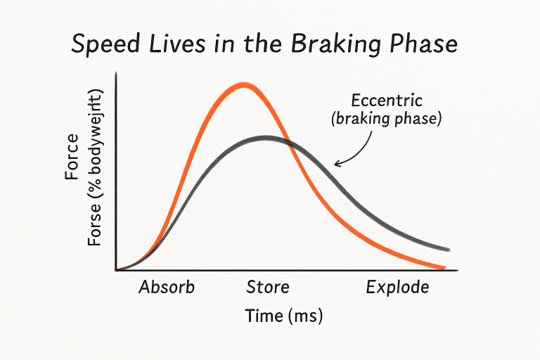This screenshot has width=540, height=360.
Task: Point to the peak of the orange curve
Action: [x=244, y=85]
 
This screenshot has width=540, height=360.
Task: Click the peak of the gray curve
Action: [x=265, y=138]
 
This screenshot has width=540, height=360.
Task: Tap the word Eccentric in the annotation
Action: [x=386, y=101]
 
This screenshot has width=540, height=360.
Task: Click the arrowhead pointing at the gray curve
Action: [x=337, y=165]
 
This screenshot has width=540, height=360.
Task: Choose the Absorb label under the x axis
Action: [x=166, y=288]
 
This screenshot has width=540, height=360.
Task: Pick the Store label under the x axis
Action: [x=267, y=288]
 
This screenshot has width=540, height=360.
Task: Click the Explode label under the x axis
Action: [x=397, y=288]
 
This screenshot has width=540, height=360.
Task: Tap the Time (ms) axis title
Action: [x=283, y=316]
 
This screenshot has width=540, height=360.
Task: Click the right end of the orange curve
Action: [x=444, y=267]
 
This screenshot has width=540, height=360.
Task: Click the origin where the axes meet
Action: [x=115, y=270]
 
